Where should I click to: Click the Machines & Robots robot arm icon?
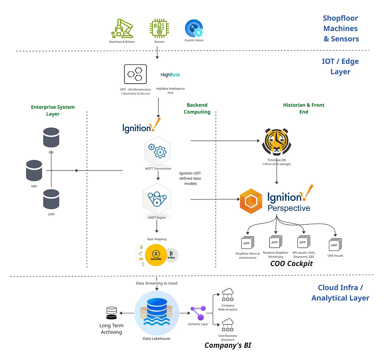(122, 29)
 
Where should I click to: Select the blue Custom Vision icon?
(194, 29)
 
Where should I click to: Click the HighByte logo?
(170, 75)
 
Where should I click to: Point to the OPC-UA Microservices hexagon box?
(135, 74)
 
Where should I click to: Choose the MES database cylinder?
(34, 171)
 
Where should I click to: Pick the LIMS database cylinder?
(51, 199)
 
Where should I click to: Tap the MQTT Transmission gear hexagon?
(157, 151)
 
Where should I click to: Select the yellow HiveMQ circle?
(156, 255)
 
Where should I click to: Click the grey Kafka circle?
(172, 255)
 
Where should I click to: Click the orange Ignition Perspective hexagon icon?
(251, 201)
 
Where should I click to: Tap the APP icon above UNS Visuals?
(335, 244)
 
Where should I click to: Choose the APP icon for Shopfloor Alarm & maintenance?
(247, 242)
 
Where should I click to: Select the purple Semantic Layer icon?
(198, 313)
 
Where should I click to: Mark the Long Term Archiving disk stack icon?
(111, 313)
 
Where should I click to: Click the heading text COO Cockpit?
(291, 264)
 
